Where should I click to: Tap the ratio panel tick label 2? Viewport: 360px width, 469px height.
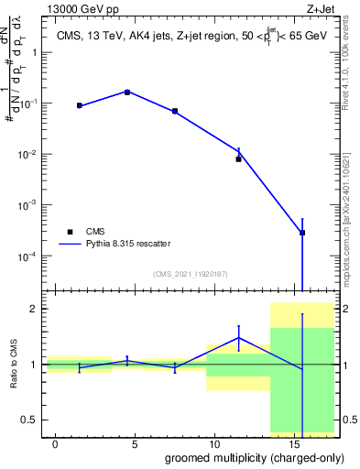[34, 310]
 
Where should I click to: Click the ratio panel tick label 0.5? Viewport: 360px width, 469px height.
[29, 420]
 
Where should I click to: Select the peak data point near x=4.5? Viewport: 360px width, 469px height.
[127, 92]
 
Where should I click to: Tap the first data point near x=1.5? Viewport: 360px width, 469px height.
[80, 105]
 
